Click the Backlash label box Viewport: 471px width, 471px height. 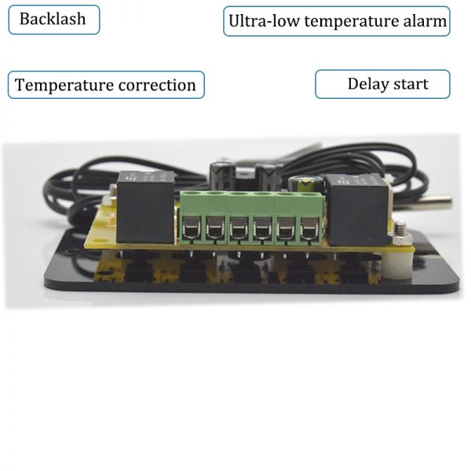tap(54, 20)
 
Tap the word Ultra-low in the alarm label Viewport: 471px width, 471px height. tap(265, 21)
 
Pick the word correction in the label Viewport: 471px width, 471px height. tap(157, 86)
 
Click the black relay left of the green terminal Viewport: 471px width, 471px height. tap(145, 207)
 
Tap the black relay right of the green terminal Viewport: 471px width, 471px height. tap(357, 210)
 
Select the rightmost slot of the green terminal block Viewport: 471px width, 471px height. tap(309, 228)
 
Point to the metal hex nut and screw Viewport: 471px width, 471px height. tap(400, 234)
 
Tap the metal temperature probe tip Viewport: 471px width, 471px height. tap(435, 203)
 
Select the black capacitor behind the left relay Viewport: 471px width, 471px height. tap(222, 177)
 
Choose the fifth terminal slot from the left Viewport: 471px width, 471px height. tap(286, 228)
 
